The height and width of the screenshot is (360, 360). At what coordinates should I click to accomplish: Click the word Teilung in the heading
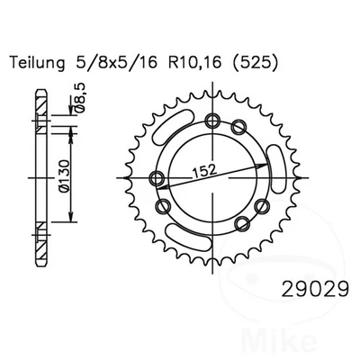(38, 63)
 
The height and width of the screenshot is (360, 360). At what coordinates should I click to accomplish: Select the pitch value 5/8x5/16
(115, 63)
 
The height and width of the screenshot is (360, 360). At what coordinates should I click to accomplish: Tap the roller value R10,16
(195, 63)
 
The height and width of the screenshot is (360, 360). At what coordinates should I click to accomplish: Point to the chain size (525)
(254, 63)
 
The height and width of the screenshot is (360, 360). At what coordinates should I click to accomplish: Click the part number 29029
(315, 289)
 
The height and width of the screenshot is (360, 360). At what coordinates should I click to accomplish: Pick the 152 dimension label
(204, 171)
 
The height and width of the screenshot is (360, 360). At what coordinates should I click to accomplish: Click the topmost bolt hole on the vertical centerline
(212, 121)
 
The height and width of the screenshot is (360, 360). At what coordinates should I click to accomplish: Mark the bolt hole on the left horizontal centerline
(157, 178)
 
